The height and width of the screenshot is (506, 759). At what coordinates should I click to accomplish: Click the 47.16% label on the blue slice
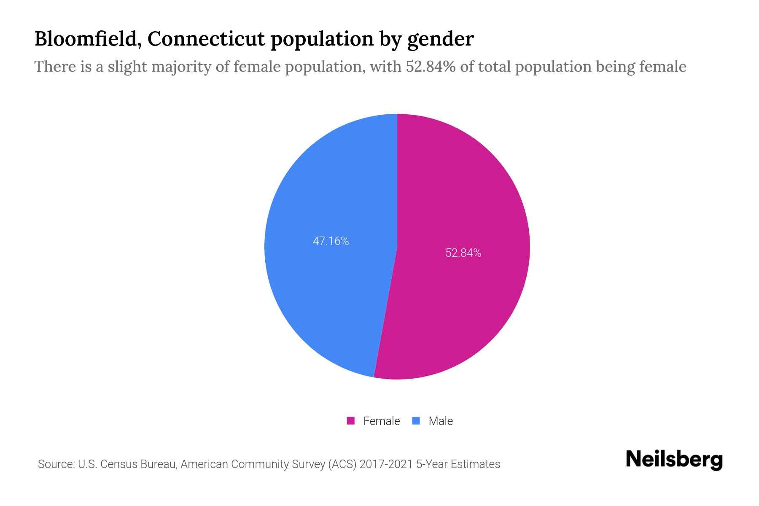coord(331,241)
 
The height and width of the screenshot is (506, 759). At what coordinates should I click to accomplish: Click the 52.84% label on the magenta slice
coord(463,253)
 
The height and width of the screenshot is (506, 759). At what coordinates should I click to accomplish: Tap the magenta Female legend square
coord(350,421)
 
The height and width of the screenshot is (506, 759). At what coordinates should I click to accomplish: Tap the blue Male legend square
coord(416,421)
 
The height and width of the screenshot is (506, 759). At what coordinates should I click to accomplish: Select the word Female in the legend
coord(381,421)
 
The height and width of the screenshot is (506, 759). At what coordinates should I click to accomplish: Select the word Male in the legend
coord(440,421)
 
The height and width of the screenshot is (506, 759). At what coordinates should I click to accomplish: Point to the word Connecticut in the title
coord(207,39)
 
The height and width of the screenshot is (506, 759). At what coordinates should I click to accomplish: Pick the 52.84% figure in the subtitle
coord(431,67)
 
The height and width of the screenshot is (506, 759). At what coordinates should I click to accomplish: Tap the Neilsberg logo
coord(674,460)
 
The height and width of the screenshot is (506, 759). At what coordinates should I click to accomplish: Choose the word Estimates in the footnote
coord(475,464)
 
